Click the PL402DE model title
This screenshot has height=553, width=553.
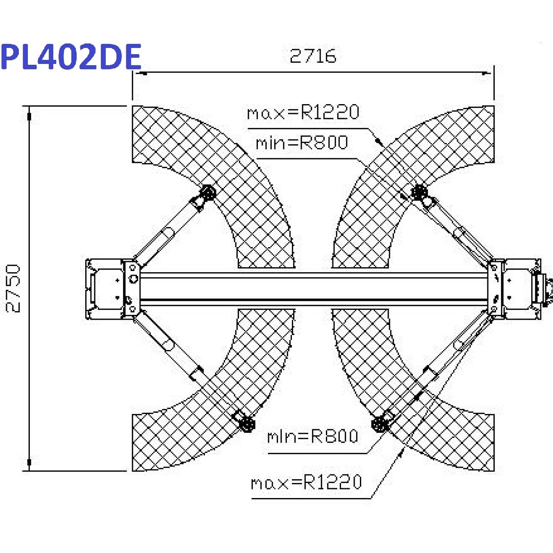(71, 56)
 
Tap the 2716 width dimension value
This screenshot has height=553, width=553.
(313, 56)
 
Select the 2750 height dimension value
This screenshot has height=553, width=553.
(13, 289)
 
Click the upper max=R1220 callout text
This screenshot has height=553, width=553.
(303, 112)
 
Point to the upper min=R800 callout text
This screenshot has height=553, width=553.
(302, 143)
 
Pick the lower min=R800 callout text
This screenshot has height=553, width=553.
(313, 437)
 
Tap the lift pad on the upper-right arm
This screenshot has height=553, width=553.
(419, 192)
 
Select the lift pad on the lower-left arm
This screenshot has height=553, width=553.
(247, 424)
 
